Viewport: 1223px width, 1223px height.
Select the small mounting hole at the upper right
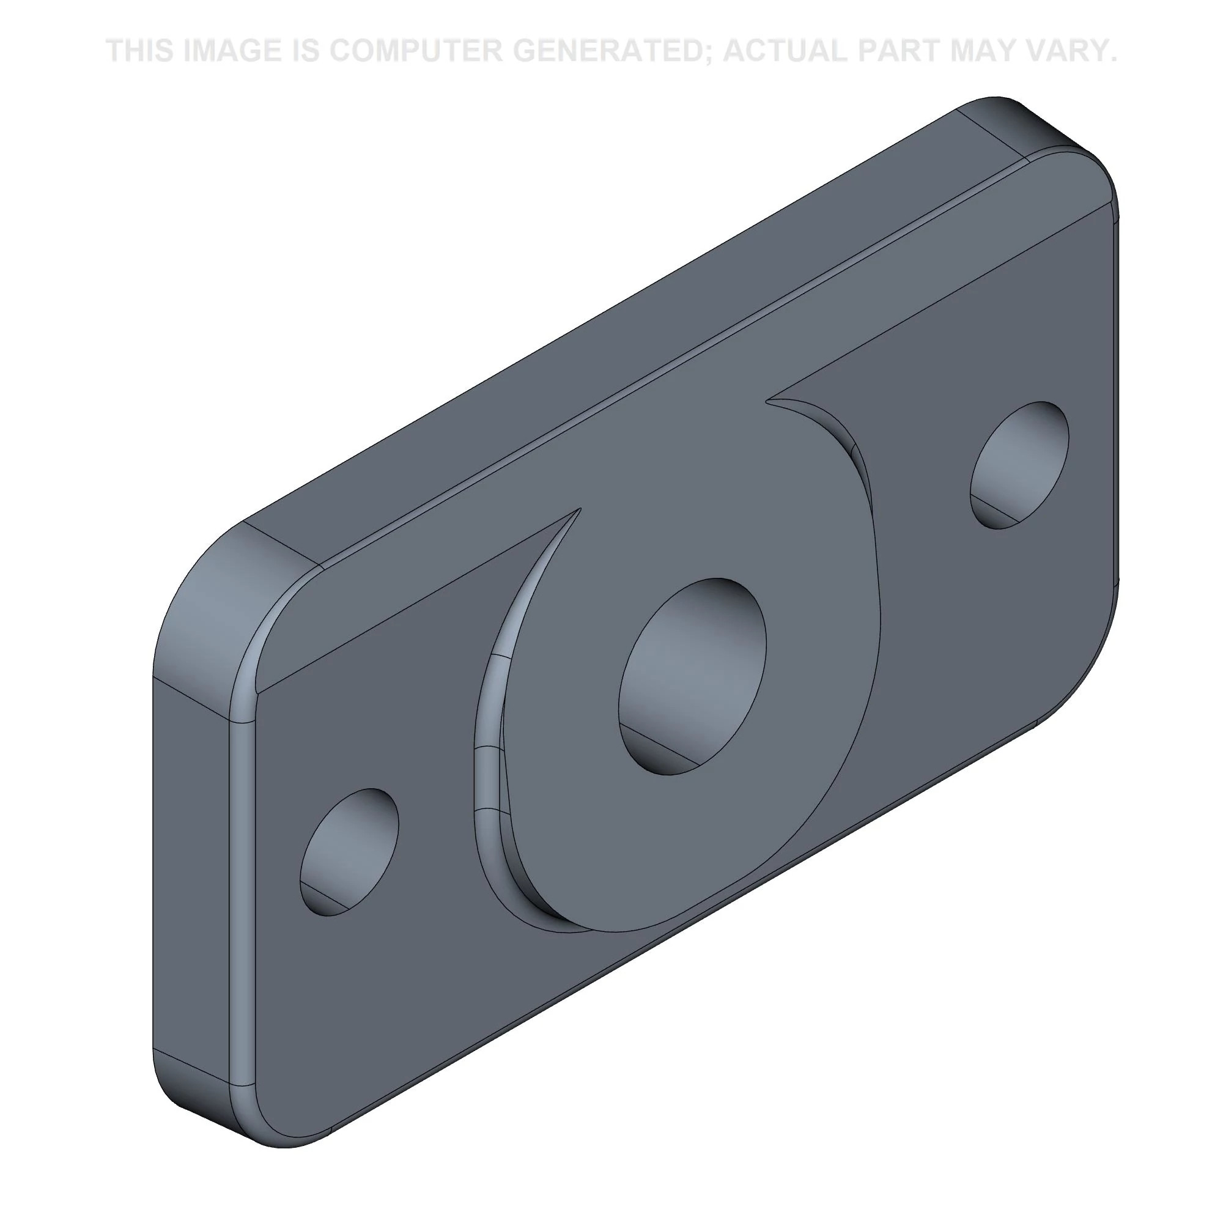tap(1020, 465)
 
